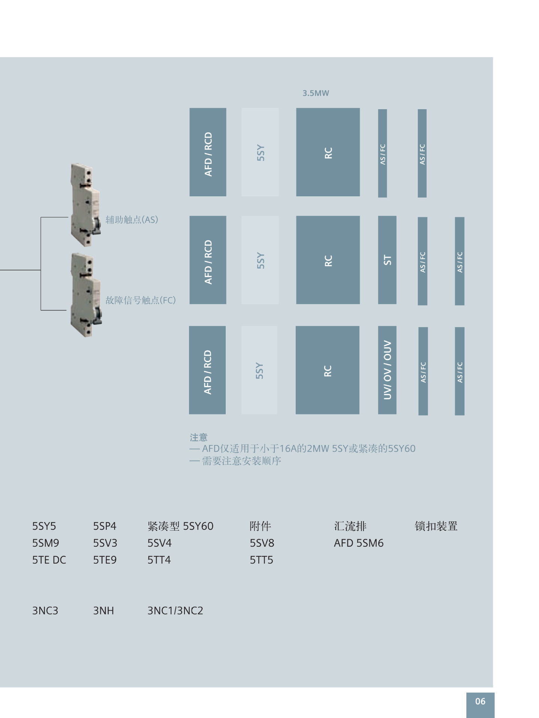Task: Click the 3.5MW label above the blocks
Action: click(x=316, y=93)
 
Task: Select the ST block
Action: click(x=387, y=260)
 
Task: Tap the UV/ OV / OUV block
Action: click(x=387, y=370)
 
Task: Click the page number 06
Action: click(x=480, y=701)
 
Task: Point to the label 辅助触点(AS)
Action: click(x=132, y=220)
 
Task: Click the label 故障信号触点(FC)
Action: click(x=140, y=300)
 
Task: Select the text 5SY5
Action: click(x=44, y=526)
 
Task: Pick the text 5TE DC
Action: click(x=49, y=560)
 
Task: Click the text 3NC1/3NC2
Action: click(x=175, y=611)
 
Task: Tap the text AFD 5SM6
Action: click(x=359, y=543)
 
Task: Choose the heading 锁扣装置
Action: click(x=436, y=526)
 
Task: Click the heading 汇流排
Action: click(x=350, y=526)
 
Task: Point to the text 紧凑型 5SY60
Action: click(x=180, y=526)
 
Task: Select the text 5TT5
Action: click(x=261, y=560)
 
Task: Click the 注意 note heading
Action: click(x=198, y=437)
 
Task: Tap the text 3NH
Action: click(x=103, y=611)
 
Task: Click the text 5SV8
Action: click(x=262, y=543)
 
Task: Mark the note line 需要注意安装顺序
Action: click(x=241, y=461)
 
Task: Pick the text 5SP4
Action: click(x=105, y=526)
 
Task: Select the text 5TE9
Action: click(x=105, y=560)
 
